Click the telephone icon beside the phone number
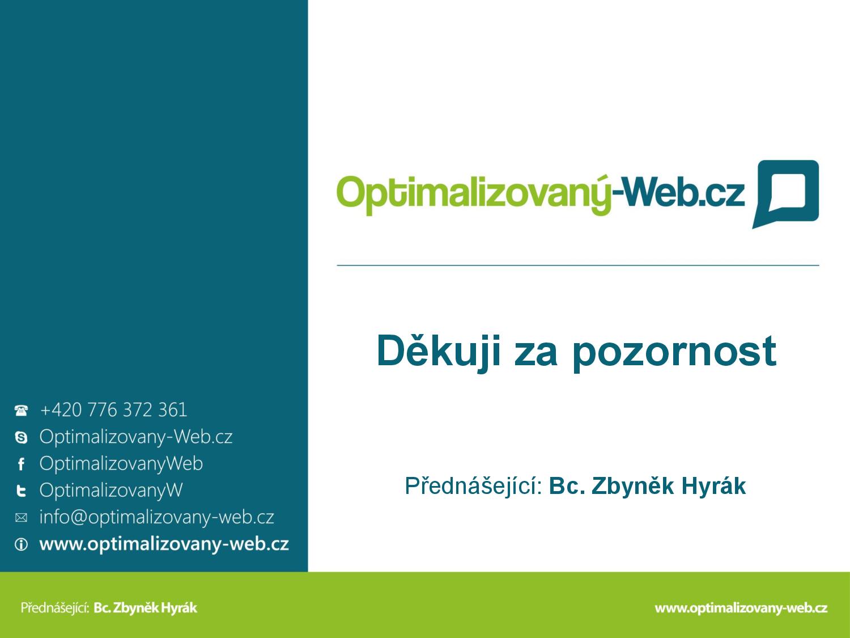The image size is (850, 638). click(21, 410)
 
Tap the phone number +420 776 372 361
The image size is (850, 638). click(114, 410)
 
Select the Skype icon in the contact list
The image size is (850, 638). click(21, 437)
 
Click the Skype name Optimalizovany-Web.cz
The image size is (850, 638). click(136, 437)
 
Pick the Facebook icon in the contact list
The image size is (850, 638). click(22, 464)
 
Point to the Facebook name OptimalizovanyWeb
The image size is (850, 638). click(121, 464)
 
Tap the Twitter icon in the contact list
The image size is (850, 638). click(22, 491)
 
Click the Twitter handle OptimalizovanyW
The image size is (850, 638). click(111, 491)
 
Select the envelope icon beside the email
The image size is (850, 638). click(22, 518)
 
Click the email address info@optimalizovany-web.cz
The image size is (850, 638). click(157, 517)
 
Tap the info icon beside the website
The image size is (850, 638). click(22, 544)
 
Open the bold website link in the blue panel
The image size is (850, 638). click(164, 544)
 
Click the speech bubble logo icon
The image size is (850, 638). click(786, 194)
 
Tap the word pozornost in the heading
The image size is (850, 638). click(674, 353)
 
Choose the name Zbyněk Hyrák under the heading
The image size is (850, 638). click(669, 486)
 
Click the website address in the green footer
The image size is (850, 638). click(741, 608)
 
